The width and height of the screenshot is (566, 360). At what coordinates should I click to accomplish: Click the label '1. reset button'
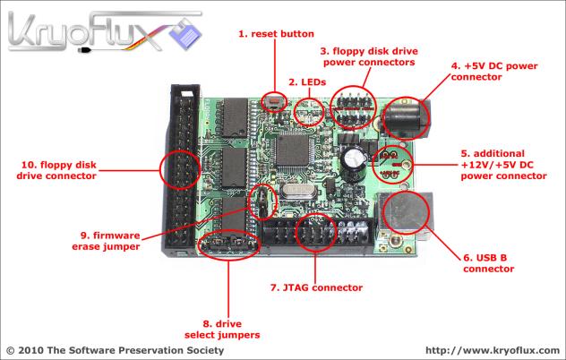[276, 34]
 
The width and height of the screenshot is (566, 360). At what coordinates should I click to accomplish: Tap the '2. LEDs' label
[306, 82]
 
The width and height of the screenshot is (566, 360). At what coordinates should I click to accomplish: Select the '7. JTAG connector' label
[316, 287]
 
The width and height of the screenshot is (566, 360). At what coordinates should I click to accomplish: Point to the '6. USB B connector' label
[488, 263]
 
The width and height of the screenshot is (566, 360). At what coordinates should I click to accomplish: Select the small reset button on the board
[273, 103]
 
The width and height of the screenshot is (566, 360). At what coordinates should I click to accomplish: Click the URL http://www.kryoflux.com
[489, 350]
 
